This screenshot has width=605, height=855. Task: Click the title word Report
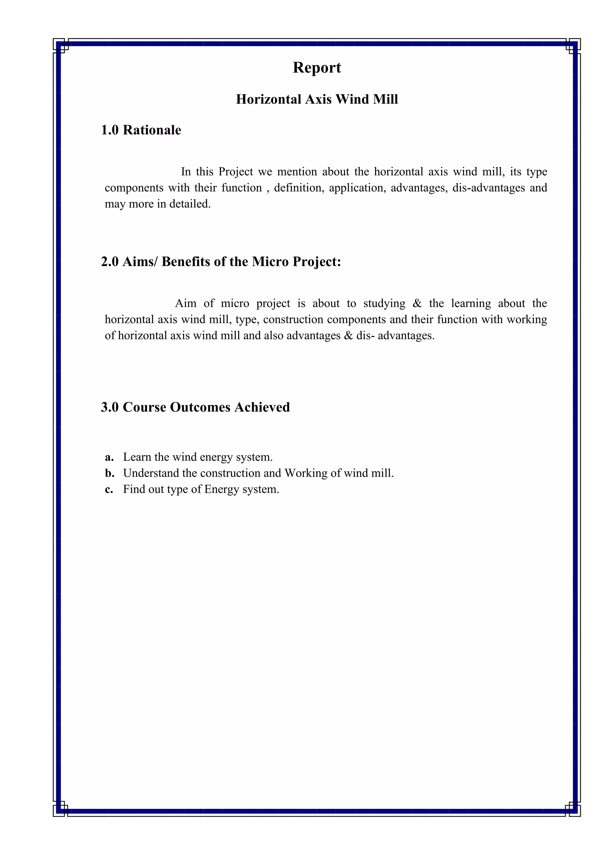[x=317, y=68]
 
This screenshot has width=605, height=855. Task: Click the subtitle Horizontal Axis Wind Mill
[x=317, y=99]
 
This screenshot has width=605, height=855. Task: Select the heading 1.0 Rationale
[x=141, y=130]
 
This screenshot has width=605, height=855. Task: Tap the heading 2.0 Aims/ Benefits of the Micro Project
[x=221, y=262]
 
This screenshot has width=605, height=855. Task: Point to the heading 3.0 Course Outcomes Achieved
[x=195, y=407]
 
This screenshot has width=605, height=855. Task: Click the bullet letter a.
[x=109, y=457]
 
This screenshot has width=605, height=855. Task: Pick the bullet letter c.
[x=109, y=489]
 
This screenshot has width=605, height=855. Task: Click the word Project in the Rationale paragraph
[x=235, y=172]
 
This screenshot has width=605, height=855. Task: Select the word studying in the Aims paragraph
[x=384, y=304]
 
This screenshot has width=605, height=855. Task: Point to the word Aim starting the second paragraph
[x=186, y=304]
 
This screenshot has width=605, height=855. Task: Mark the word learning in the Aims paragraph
[x=471, y=304]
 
